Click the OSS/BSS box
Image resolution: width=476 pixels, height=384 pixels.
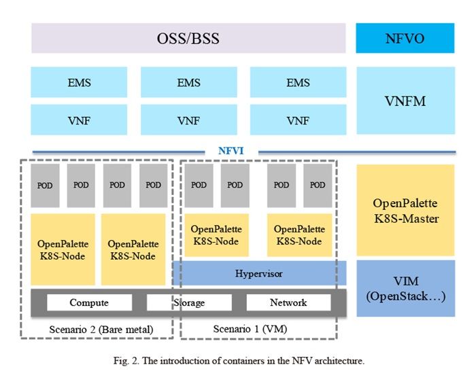[188, 38]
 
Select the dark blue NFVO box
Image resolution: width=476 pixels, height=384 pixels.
[405, 38]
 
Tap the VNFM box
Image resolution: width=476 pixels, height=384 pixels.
[405, 101]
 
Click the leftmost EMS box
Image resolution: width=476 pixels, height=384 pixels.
[79, 82]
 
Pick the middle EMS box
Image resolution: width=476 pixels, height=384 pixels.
[189, 82]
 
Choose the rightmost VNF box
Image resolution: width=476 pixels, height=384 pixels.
[298, 120]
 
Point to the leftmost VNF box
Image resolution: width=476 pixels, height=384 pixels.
[79, 120]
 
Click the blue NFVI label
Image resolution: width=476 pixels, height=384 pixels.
[231, 151]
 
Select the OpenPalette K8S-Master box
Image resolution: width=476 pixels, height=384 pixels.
[405, 210]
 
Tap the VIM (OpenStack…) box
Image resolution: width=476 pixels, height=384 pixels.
[405, 288]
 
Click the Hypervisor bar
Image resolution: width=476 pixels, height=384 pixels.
[260, 273]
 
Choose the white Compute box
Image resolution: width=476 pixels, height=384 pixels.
[90, 302]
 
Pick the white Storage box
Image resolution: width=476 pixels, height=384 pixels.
[189, 302]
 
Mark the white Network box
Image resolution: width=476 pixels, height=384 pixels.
[288, 302]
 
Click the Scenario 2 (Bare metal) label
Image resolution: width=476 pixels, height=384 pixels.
[101, 330]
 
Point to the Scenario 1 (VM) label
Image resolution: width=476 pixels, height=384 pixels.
[250, 329]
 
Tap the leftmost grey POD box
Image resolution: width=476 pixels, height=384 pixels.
[45, 186]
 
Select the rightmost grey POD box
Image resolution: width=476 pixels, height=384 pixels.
[318, 186]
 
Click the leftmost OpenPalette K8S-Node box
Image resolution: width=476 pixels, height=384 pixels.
[63, 249]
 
